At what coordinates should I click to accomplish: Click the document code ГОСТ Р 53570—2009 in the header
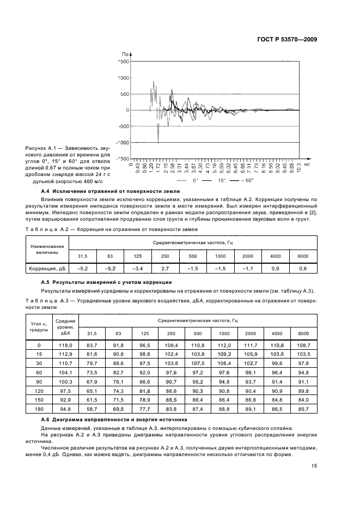pyautogui.click(x=286, y=39)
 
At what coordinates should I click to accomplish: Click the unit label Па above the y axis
pyautogui.click(x=125, y=54)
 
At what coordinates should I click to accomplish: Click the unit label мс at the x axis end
pyautogui.click(x=307, y=163)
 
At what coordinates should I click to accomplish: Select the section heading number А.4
pyautogui.click(x=46, y=192)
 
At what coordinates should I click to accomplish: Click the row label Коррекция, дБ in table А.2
pyautogui.click(x=47, y=269)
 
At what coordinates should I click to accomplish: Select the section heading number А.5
pyautogui.click(x=46, y=282)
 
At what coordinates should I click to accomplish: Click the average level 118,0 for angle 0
pyautogui.click(x=65, y=345)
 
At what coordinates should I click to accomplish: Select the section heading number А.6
pyautogui.click(x=46, y=420)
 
